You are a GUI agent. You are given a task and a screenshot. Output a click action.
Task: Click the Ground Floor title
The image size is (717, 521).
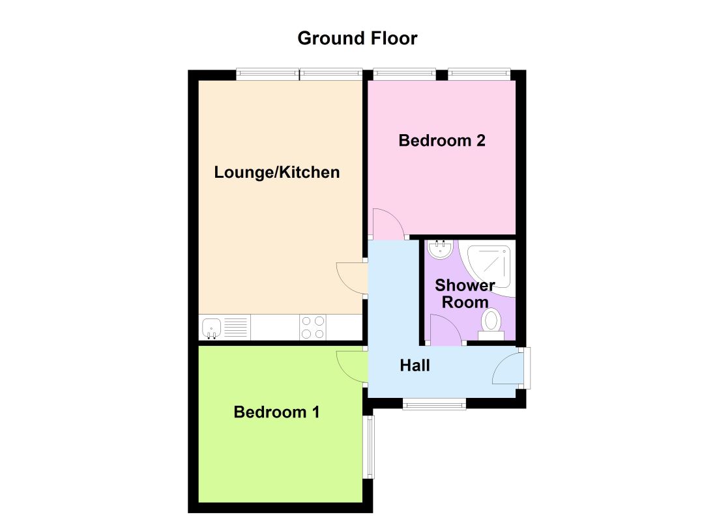pyautogui.click(x=357, y=38)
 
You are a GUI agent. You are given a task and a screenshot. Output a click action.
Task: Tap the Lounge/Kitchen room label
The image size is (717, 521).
pyautogui.click(x=277, y=173)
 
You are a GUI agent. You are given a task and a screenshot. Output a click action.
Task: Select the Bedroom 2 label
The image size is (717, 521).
pyautogui.click(x=442, y=141)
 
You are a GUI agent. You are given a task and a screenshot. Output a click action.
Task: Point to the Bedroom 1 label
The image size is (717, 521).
pyautogui.click(x=276, y=412)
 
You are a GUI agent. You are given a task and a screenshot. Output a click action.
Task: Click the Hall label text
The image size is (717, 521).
pyautogui.click(x=415, y=366)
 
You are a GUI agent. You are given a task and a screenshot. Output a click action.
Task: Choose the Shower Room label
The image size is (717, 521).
pyautogui.click(x=465, y=294)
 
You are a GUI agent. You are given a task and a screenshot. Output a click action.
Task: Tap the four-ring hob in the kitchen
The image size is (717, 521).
pyautogui.click(x=312, y=327)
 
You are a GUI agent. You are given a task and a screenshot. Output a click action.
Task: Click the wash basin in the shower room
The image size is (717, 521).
pyautogui.click(x=440, y=248)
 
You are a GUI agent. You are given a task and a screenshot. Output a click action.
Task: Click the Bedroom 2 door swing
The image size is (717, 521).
pyautogui.click(x=387, y=223)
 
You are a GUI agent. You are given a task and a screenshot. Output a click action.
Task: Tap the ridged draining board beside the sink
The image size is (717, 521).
pyautogui.click(x=236, y=326)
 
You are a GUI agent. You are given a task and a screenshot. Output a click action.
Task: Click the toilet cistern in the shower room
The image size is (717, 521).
pyautogui.click(x=491, y=335)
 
